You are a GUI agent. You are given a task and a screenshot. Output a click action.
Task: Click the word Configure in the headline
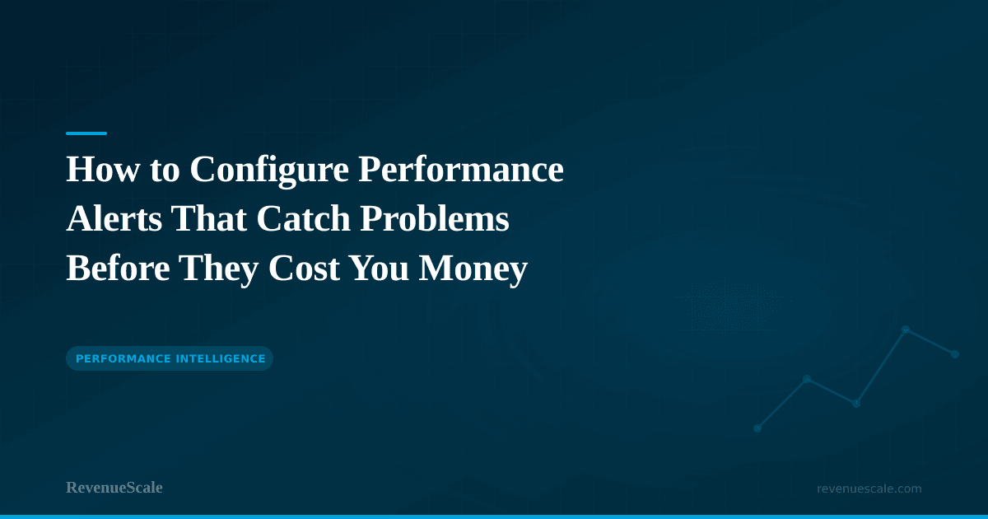pos(269,171)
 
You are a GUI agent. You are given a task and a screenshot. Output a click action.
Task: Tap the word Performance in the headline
pos(461,171)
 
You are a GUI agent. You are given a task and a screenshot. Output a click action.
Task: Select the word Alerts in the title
pos(114,218)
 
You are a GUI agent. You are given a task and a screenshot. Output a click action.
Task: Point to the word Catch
pos(304,218)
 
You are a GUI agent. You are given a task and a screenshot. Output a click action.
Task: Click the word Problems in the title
pos(435,218)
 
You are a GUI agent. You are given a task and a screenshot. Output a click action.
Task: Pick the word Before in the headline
pos(119,268)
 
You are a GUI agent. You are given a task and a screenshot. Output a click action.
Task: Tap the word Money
pos(473,270)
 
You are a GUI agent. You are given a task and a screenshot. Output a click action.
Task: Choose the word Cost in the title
pos(304,268)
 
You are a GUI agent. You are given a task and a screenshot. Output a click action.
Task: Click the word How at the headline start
pos(103,169)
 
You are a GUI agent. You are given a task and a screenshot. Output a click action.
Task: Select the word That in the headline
pos(209,218)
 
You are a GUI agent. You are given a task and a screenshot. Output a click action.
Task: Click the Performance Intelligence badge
pos(170,358)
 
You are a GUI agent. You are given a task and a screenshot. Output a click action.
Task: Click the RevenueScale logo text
pos(114,488)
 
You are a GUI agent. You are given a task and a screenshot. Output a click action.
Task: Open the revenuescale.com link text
pos(869,489)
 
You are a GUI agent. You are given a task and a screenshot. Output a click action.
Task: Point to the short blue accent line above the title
pos(86,133)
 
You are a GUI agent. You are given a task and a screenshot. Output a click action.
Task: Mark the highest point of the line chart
pos(906,330)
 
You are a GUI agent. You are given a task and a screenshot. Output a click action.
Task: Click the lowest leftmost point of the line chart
pos(757,428)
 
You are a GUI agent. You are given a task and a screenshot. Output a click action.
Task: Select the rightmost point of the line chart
pos(955,354)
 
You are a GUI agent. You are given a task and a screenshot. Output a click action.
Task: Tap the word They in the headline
pos(219,270)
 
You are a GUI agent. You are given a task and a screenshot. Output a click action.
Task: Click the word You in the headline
pos(379,268)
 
